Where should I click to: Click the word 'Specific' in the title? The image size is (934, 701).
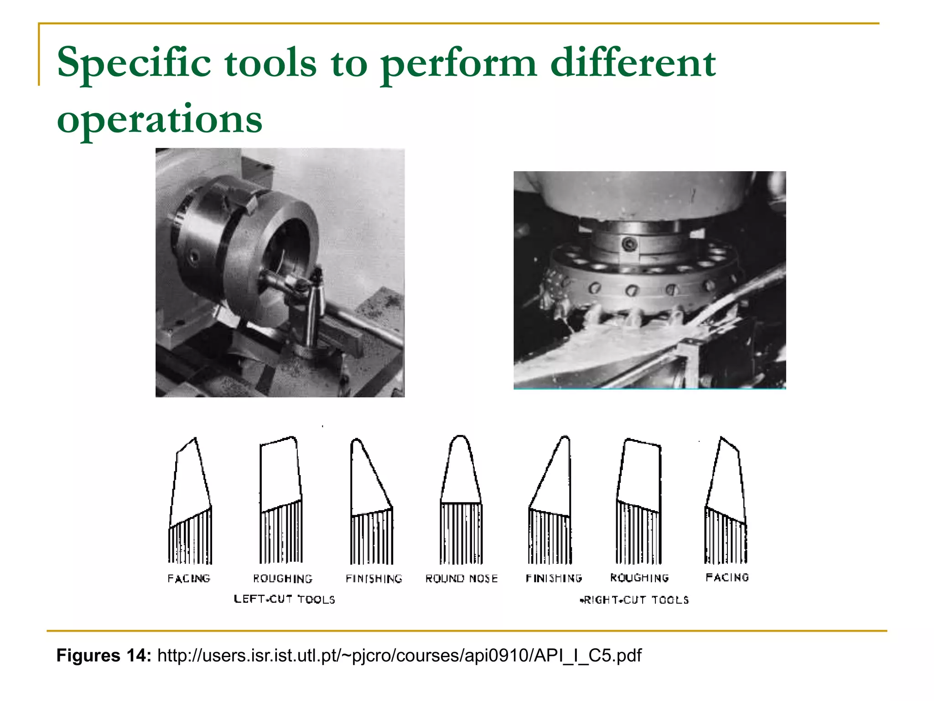pos(134,63)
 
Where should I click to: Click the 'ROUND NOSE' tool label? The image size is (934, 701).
pos(461,579)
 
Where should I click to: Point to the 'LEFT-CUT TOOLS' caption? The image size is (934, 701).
pos(284,599)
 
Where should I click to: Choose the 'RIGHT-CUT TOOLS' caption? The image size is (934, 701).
pos(634,600)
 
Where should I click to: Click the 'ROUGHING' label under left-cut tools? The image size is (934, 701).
pos(283,579)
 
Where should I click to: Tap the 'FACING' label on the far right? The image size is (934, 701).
pos(727,577)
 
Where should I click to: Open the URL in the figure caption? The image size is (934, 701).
pos(399,655)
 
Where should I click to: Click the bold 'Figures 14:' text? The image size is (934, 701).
pos(104,655)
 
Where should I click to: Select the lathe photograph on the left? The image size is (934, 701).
pos(280,272)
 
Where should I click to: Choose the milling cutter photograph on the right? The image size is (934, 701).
pos(649,280)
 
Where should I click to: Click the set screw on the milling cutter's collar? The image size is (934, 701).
pos(630,244)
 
